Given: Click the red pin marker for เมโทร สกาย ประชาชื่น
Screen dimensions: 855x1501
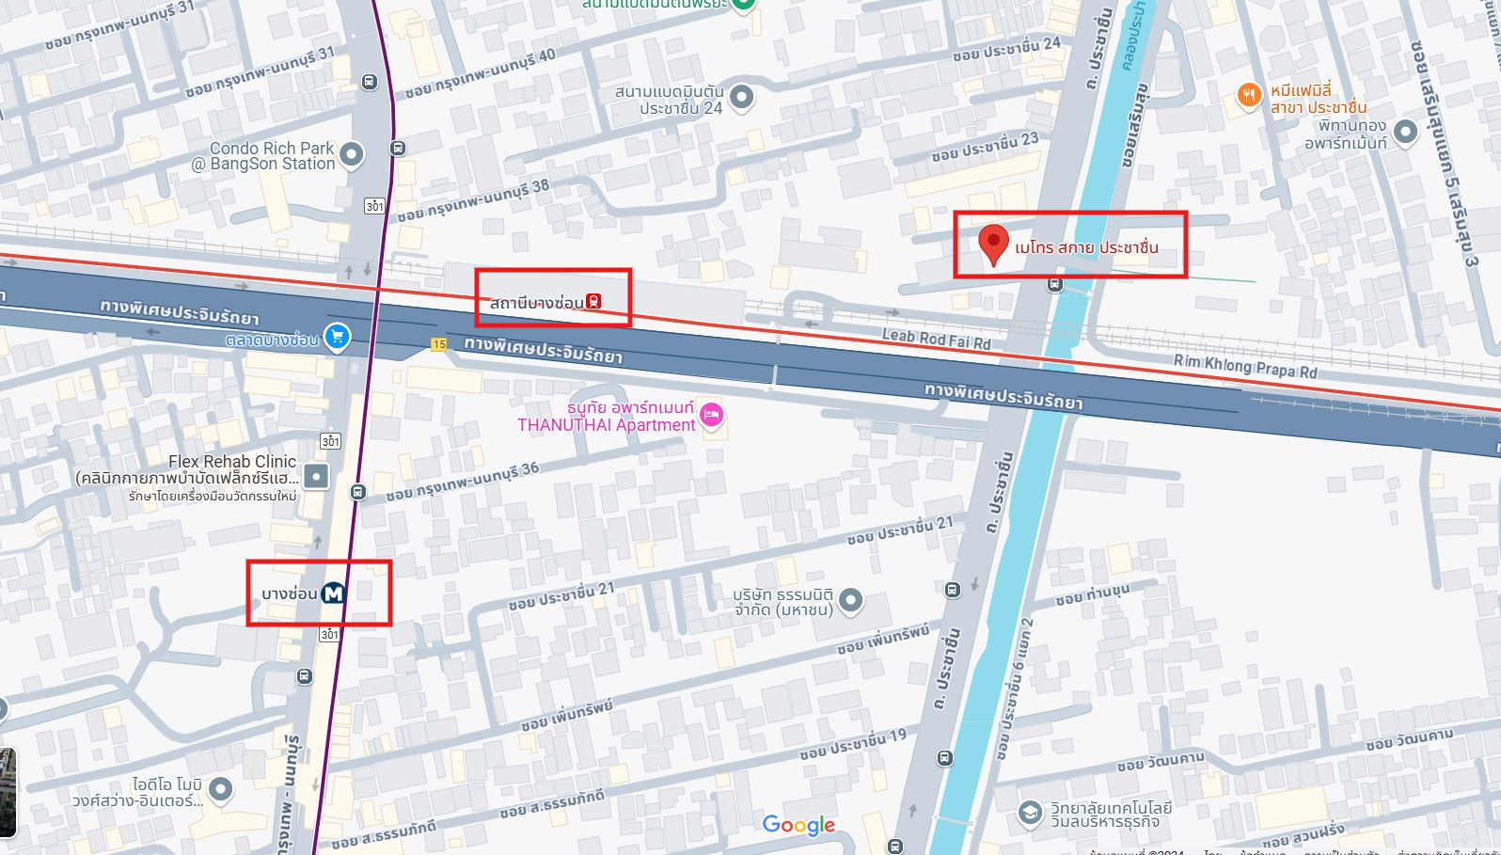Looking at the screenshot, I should tap(993, 242).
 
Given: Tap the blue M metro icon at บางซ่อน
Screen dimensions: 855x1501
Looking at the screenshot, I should tap(334, 594).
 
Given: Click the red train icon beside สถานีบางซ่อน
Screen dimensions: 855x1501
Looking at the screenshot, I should tap(593, 302).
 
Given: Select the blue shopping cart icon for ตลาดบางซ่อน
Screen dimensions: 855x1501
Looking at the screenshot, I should tap(337, 337).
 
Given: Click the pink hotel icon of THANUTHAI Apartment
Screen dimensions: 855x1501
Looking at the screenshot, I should tap(712, 415).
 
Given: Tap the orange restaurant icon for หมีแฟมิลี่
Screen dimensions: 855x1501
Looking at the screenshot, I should tap(1249, 95).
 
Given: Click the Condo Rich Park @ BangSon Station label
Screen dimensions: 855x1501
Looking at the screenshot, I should tap(272, 156).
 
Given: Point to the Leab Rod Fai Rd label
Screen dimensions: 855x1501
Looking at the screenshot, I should tap(936, 339).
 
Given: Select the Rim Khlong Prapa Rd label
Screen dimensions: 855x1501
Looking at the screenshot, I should tap(1244, 366).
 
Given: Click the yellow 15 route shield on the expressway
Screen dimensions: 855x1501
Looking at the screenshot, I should tap(439, 344).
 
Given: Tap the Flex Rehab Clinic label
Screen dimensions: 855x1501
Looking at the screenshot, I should tap(232, 462).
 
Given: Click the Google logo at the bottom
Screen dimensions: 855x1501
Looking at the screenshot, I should tap(798, 825).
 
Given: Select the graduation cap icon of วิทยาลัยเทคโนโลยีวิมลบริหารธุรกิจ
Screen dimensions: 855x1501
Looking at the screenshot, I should tap(1030, 813).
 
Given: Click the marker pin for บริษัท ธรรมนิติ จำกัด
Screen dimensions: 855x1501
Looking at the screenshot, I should tap(850, 599).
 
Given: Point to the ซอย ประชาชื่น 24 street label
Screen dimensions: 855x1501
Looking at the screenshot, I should tap(1006, 49).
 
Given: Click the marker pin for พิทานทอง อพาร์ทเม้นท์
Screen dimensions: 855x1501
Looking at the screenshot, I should tap(1405, 132).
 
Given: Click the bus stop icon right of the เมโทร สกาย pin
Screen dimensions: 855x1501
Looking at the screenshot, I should tap(1055, 283).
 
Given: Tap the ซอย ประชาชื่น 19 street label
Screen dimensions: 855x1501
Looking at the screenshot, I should tap(853, 745).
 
